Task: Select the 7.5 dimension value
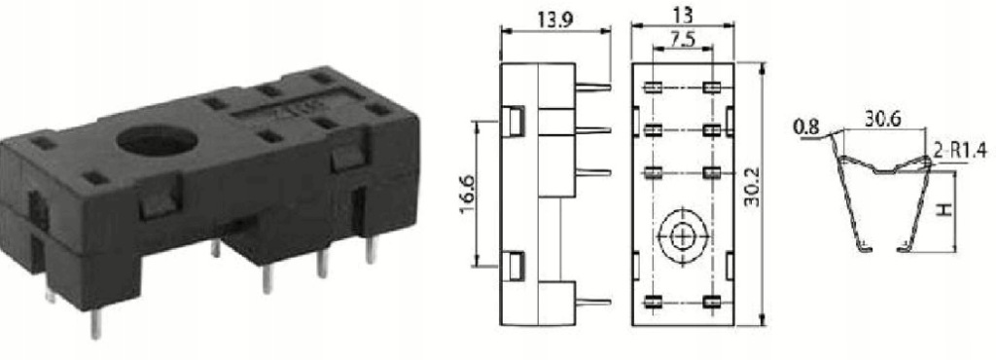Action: coord(682,40)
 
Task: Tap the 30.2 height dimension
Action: coord(753,192)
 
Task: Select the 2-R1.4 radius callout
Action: coord(961,151)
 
